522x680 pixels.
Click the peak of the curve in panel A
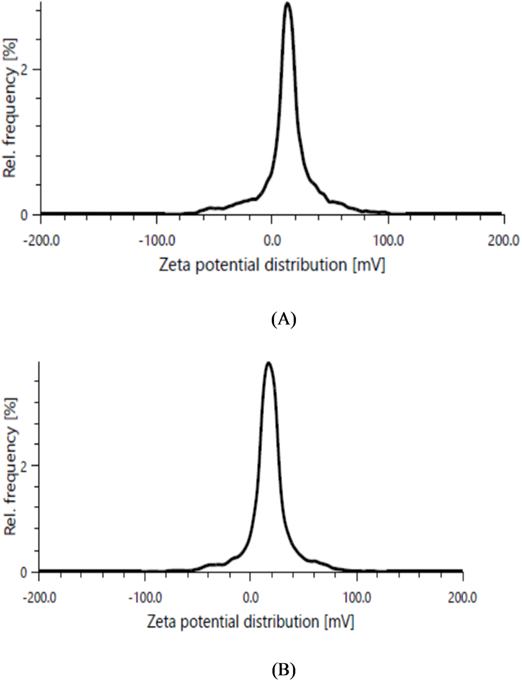point(287,4)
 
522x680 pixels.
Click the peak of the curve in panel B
point(269,364)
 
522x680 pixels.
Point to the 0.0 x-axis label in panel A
point(272,241)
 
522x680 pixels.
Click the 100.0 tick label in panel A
point(389,241)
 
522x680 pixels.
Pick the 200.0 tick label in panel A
point(504,241)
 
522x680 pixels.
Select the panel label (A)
point(283,320)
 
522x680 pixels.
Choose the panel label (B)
point(283,668)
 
